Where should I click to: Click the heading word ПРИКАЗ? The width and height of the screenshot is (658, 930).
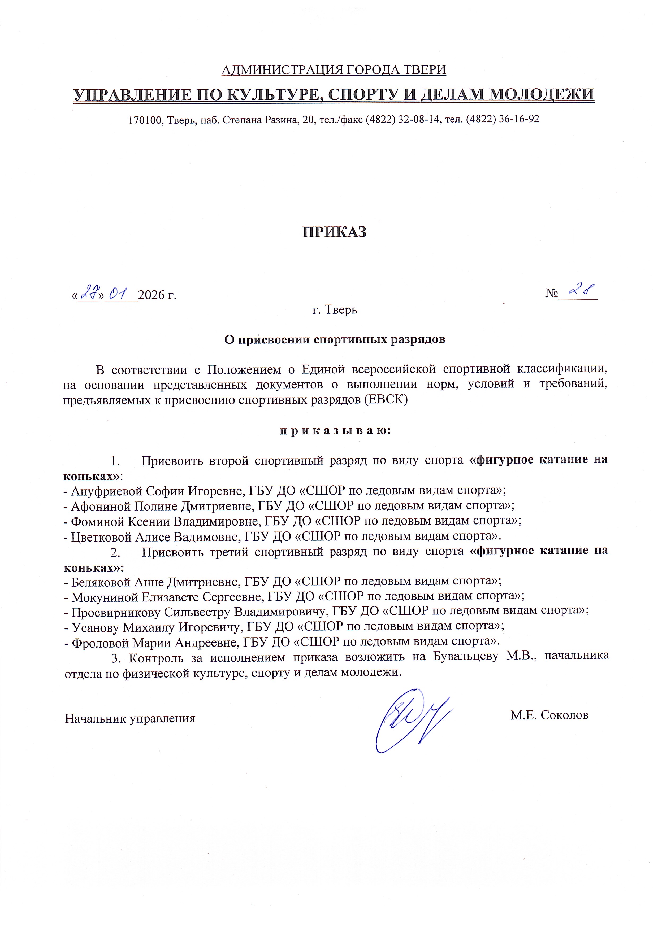tap(334, 232)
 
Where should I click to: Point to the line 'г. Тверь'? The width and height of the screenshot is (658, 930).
tap(335, 310)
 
